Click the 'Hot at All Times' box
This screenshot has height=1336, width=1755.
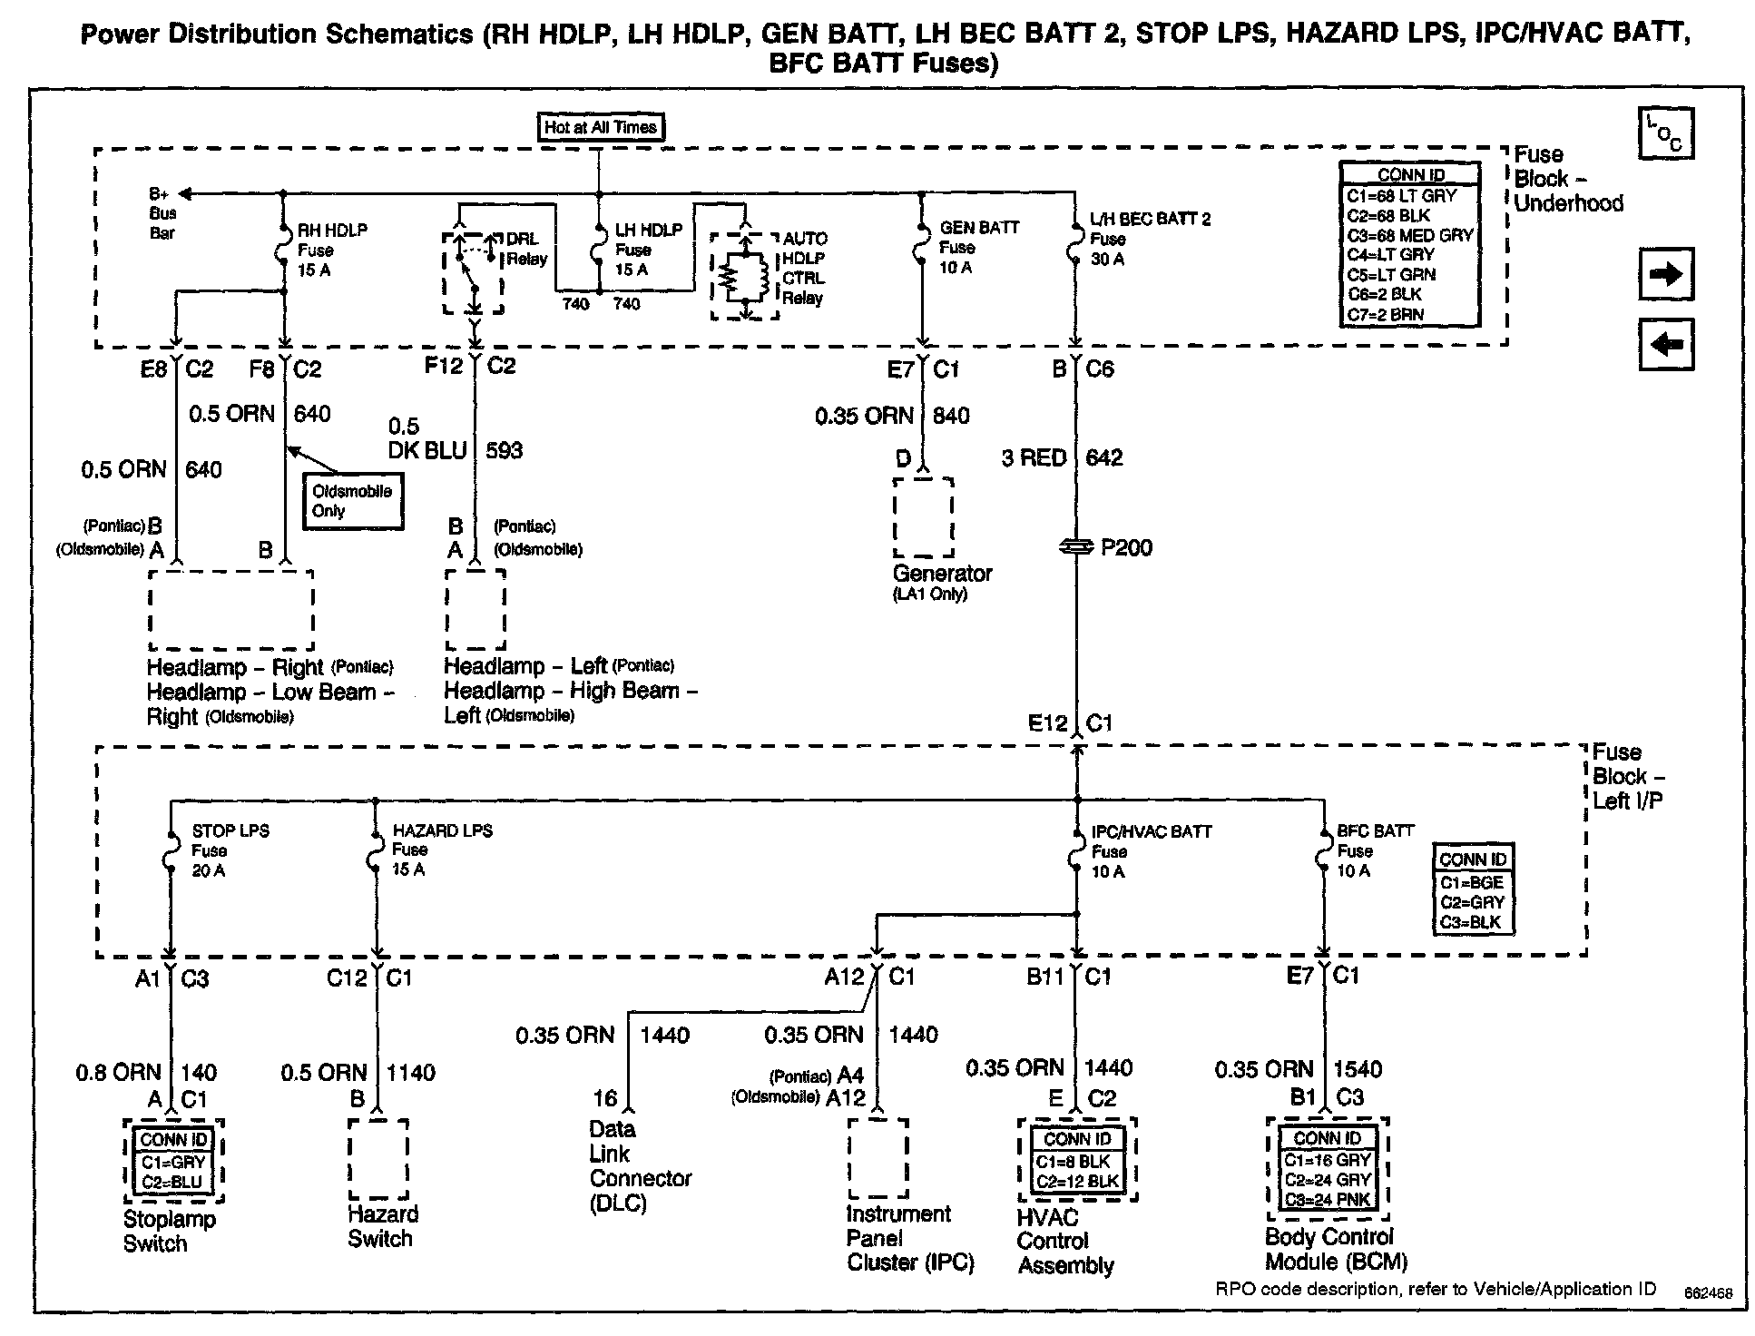pos(600,127)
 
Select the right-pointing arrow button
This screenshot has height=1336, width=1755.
pos(1665,274)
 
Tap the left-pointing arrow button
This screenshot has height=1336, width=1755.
pos(1665,345)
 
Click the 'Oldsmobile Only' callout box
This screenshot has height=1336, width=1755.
pos(353,501)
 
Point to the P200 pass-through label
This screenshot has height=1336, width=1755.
pos(1125,547)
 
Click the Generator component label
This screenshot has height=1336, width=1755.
pos(942,574)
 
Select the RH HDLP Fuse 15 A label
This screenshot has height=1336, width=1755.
pos(332,250)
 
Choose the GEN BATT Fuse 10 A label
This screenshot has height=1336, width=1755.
pos(978,247)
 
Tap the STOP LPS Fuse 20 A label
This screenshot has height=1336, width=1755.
pos(230,850)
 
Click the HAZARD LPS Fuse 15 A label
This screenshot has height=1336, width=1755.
pos(441,850)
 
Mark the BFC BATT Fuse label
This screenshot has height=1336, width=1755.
pos(1374,850)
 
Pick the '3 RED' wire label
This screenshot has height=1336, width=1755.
pos(1034,457)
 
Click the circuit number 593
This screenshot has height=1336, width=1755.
pos(505,450)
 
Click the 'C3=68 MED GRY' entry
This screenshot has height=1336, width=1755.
pos(1409,235)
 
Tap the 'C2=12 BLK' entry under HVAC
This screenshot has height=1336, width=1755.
pos(1077,1182)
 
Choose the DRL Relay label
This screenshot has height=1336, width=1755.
pos(526,249)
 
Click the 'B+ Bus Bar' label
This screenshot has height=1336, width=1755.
pos(162,213)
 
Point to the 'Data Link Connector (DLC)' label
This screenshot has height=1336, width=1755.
pos(639,1166)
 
